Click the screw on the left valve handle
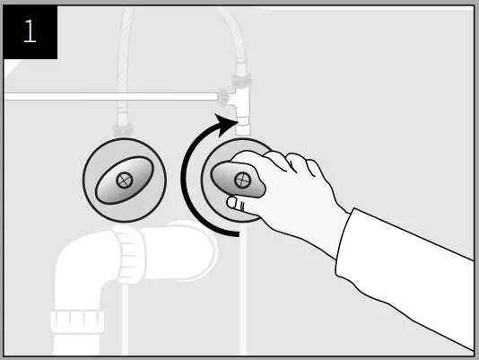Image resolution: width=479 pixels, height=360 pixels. (123, 179)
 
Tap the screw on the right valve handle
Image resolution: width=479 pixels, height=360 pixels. (240, 180)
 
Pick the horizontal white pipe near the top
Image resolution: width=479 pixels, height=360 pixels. (108, 95)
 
